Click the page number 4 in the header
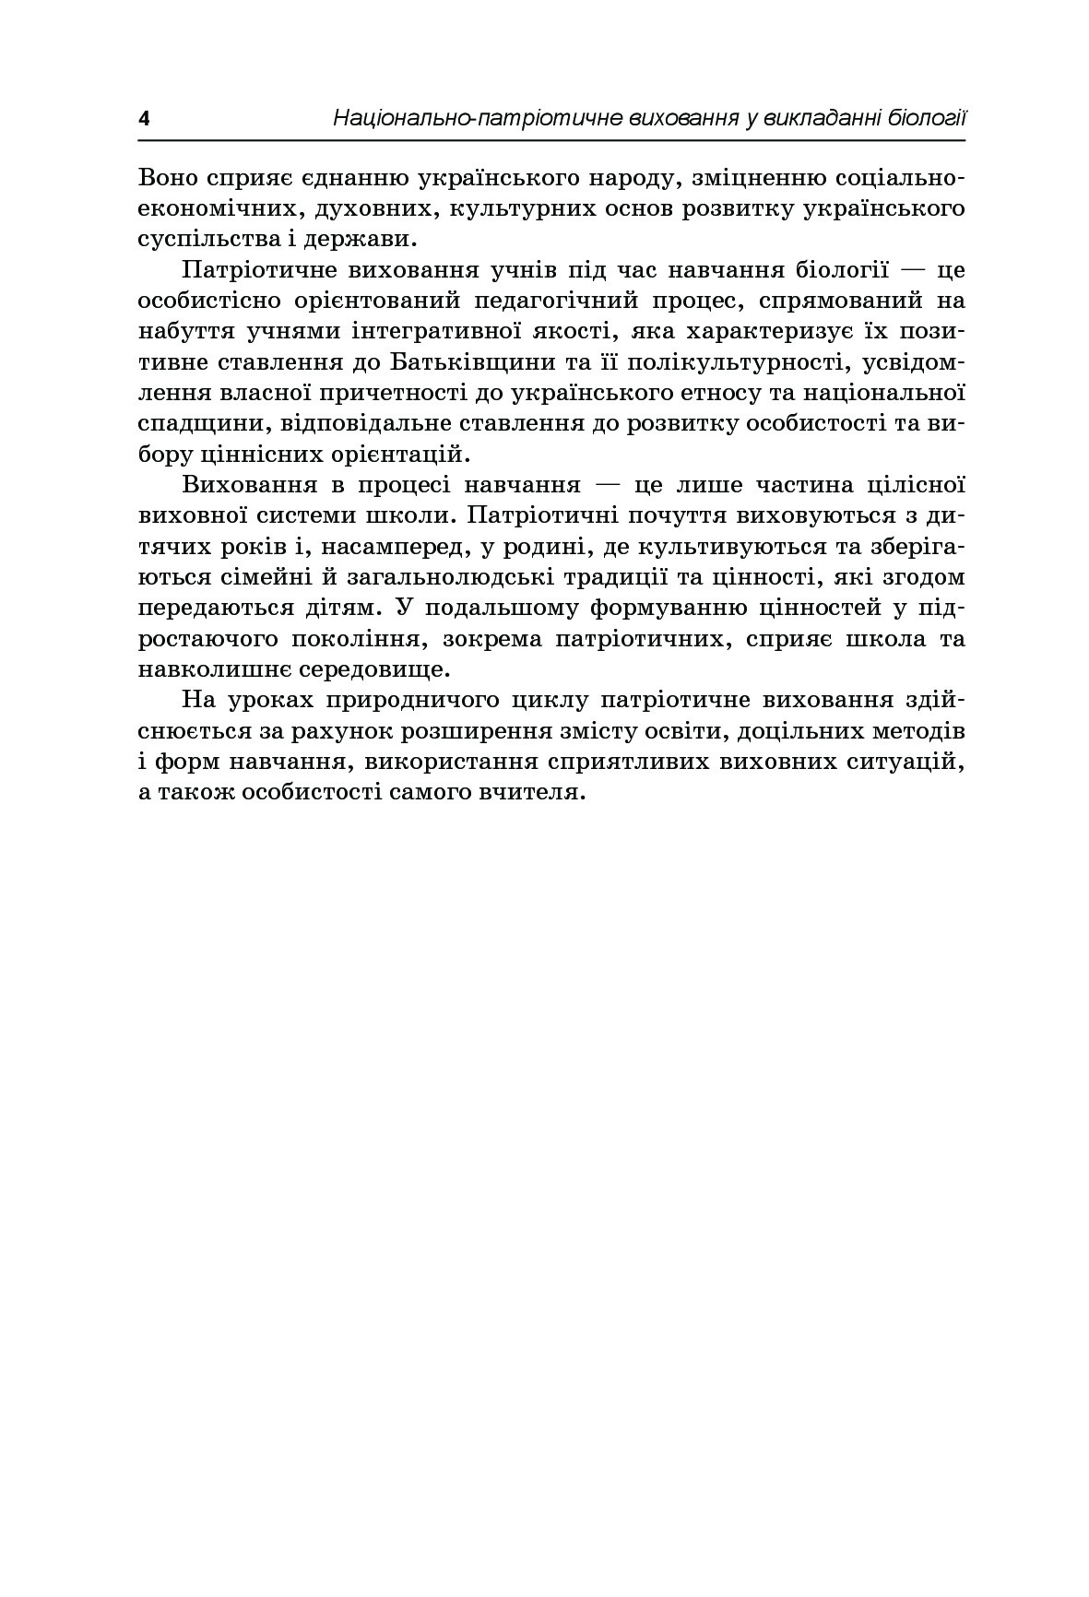(x=143, y=119)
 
